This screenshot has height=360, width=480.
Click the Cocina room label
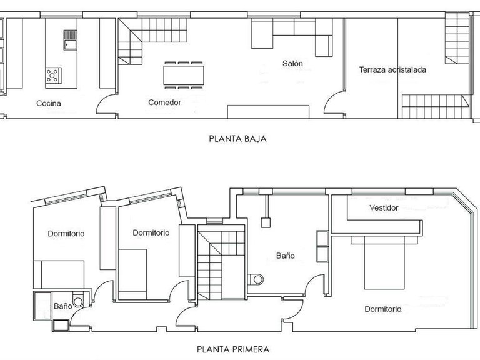(x=48, y=103)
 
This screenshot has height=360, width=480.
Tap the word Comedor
(x=164, y=102)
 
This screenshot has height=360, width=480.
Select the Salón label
(x=292, y=63)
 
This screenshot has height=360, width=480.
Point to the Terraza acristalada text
(x=392, y=70)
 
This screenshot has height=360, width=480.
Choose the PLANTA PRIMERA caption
(x=234, y=350)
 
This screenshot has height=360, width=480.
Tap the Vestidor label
(x=383, y=208)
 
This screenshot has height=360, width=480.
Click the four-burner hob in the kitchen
(x=54, y=76)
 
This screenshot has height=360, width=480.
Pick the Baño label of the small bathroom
(x=62, y=307)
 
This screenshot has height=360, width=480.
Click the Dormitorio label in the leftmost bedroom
(x=66, y=234)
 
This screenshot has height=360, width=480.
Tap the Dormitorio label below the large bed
(x=382, y=309)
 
